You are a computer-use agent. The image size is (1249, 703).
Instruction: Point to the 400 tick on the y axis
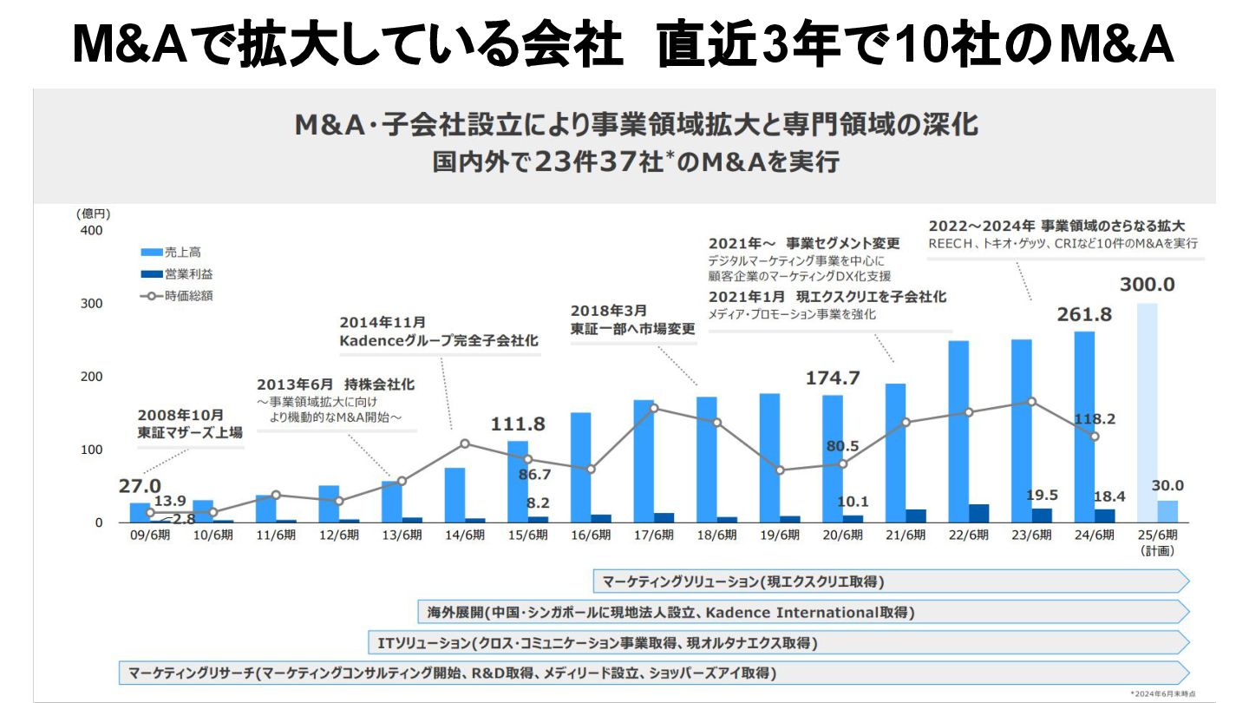coord(91,231)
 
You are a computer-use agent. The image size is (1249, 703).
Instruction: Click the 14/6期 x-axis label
coord(465,535)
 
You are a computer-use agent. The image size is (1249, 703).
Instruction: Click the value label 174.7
coord(833,378)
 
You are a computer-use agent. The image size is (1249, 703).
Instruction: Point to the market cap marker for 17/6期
coord(654,408)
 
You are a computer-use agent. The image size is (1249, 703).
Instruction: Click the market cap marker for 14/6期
coord(465,443)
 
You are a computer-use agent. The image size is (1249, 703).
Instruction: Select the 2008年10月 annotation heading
coord(180,415)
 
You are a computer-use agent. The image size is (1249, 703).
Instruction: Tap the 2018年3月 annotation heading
coord(608,310)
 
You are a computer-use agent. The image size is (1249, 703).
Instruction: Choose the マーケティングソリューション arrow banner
coord(889,581)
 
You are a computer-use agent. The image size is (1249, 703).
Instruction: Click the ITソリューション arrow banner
coord(776,643)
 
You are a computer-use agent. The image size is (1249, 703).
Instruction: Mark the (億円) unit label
coord(93,214)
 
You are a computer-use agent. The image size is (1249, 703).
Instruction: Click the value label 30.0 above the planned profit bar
coord(1167,485)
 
